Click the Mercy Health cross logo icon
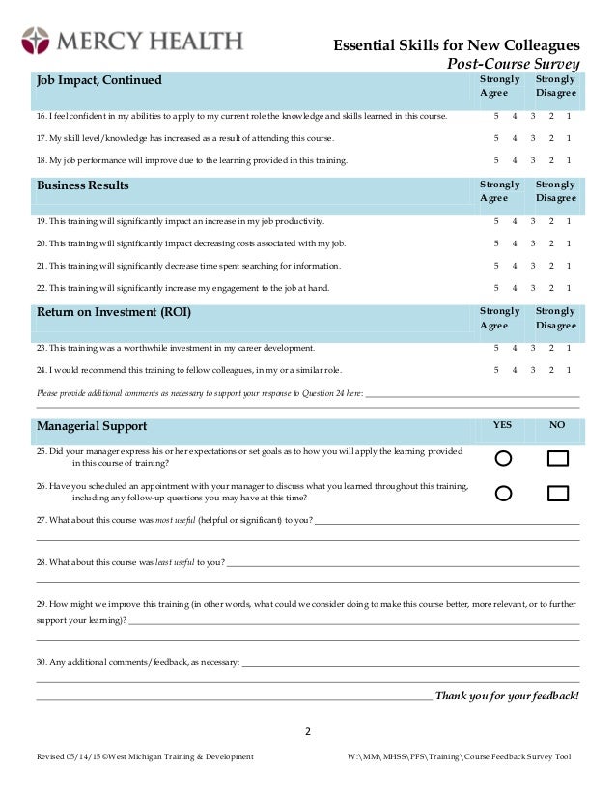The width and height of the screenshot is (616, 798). (35, 41)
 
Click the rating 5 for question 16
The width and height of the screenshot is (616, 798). (496, 116)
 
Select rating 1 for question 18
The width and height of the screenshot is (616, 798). (569, 160)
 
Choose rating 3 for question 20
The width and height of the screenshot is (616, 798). (533, 243)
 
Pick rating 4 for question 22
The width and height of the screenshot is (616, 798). (515, 288)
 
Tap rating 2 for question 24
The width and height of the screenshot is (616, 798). (551, 370)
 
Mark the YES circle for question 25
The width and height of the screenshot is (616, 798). (503, 458)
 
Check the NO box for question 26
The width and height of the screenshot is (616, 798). (557, 494)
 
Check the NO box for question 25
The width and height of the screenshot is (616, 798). (557, 458)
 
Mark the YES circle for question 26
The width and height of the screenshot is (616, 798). (503, 494)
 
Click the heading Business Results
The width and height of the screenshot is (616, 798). (82, 185)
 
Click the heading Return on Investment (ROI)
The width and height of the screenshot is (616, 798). (113, 312)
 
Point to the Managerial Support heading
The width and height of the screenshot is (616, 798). (92, 426)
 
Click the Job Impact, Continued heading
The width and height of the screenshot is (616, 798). (98, 80)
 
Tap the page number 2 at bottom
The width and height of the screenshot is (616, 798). (308, 731)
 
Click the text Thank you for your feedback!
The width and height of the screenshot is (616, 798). (507, 696)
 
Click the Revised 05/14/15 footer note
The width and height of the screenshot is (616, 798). (145, 756)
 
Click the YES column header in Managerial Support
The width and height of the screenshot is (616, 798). (503, 424)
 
